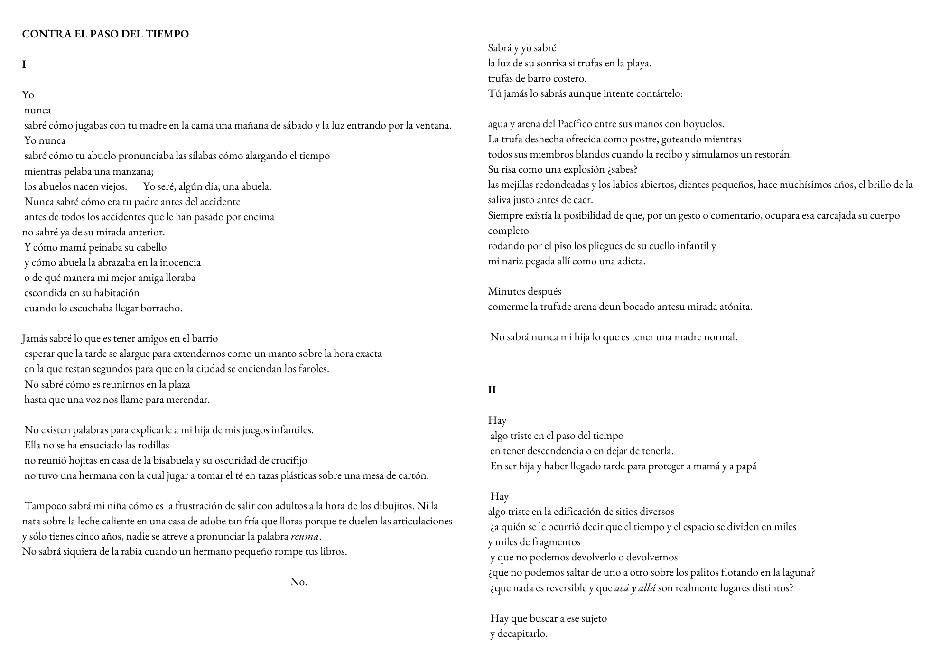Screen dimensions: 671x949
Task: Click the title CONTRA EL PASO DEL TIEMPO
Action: pos(105,34)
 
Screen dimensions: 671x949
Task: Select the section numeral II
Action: pos(492,390)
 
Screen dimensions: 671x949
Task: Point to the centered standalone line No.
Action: pos(298,582)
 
